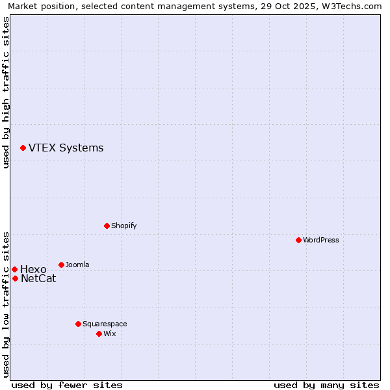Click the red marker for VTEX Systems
point(23,148)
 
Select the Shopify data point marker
point(107,226)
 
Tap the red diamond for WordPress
point(298,240)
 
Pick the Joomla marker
point(61,265)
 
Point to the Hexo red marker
point(14,269)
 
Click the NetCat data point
point(15,278)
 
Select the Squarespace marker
point(78,324)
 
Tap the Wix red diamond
point(99,333)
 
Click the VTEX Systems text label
point(66,148)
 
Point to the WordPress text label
point(321,240)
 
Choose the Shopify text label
point(123,226)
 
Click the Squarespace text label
point(105,324)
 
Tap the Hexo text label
point(33,269)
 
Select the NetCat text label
point(38,279)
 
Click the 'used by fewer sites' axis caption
point(67,385)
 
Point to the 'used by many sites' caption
point(326,385)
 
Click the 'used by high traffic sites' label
point(6,92)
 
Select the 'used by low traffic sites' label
point(6,304)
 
